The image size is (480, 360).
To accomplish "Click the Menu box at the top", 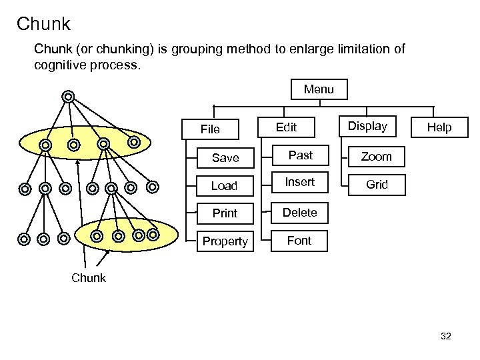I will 319,89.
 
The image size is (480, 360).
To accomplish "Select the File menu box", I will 210,129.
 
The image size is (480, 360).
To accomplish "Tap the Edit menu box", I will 286,127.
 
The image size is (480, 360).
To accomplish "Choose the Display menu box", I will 367,126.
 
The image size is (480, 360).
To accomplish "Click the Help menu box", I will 439,127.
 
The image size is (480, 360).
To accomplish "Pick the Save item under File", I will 225,158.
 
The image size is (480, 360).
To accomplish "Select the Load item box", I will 224,186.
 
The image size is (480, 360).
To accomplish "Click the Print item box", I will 225,213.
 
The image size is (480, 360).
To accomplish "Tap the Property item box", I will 225,241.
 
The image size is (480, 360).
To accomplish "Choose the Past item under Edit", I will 300,155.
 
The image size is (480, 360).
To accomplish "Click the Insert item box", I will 299,182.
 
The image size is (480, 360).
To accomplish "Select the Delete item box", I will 299,213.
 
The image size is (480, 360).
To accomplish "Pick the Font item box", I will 299,241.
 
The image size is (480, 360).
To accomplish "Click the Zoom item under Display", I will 376,157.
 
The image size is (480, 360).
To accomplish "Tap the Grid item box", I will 377,185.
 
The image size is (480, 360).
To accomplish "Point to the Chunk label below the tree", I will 88,278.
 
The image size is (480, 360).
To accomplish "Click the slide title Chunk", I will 43,25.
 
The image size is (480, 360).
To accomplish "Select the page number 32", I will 446,336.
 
